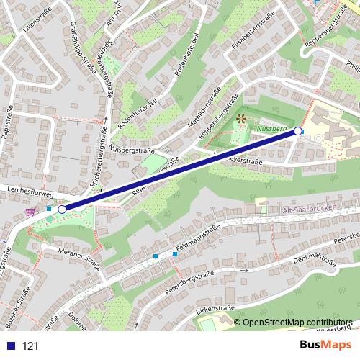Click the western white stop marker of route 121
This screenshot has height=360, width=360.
coord(62,209)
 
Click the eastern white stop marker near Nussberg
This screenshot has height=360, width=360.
coord(298,131)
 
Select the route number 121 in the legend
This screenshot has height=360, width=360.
coord(31,346)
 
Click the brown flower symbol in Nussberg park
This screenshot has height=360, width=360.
coord(240,118)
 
